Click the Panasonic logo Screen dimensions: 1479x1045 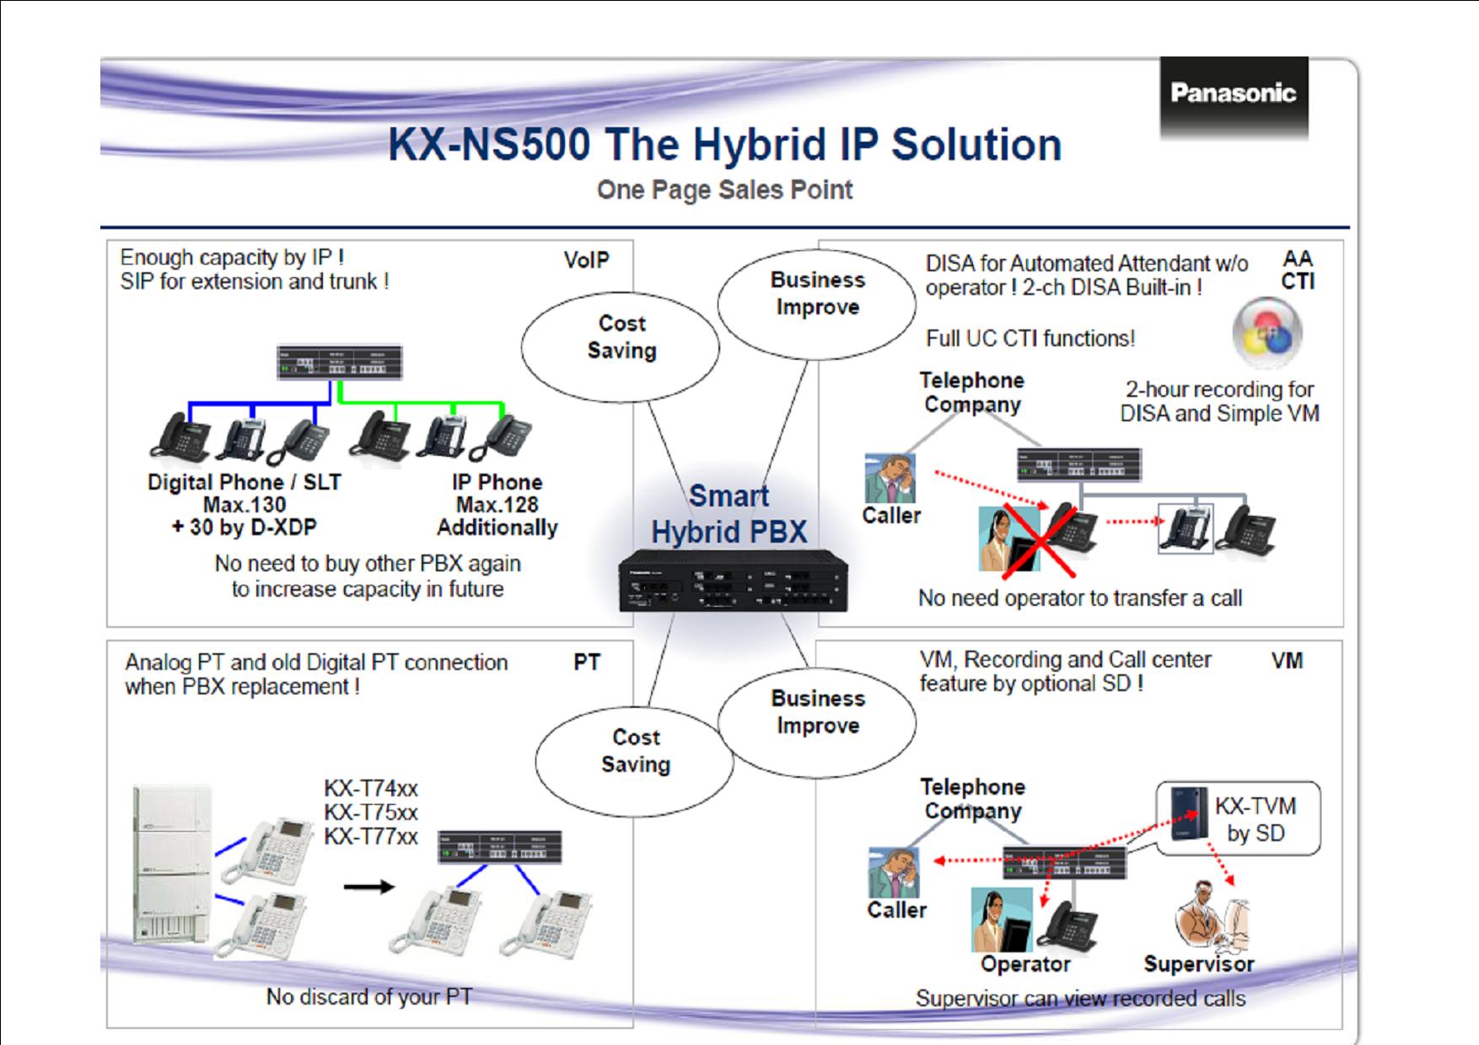pyautogui.click(x=1233, y=94)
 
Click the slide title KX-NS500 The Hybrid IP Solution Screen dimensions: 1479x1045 pyautogui.click(x=724, y=144)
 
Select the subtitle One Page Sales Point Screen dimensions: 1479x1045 pyautogui.click(x=724, y=190)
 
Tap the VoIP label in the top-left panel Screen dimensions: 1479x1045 pyautogui.click(x=586, y=260)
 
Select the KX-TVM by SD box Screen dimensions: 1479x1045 pyautogui.click(x=1238, y=818)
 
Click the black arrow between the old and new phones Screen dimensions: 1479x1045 pyautogui.click(x=370, y=887)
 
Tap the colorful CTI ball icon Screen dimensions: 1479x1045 pyautogui.click(x=1267, y=333)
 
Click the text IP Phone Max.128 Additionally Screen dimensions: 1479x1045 pyautogui.click(x=497, y=505)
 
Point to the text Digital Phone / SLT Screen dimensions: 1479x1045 pyautogui.click(x=245, y=482)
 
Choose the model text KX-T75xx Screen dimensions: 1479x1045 pyautogui.click(x=371, y=813)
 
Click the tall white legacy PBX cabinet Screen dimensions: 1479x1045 pyautogui.click(x=171, y=862)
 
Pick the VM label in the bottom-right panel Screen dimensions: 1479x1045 pyautogui.click(x=1287, y=661)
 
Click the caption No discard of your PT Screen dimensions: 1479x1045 pyautogui.click(x=368, y=997)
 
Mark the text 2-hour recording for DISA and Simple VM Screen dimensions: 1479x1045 pyautogui.click(x=1219, y=401)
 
